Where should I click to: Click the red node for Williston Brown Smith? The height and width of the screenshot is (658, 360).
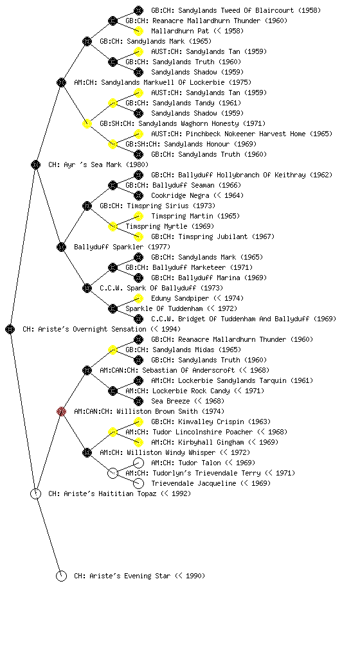pos(61,411)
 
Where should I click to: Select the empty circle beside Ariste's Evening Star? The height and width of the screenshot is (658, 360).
pos(61,576)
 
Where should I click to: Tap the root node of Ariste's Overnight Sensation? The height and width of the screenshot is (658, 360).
pos(10,329)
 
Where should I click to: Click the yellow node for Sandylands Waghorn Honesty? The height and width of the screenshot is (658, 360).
pos(87,123)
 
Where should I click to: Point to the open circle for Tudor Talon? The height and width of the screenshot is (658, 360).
pos(138,463)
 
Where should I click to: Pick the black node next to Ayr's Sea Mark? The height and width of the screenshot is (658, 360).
pos(35,164)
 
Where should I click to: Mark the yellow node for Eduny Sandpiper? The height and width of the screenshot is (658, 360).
pos(138,298)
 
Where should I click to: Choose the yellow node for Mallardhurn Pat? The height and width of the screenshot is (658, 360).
pos(138,31)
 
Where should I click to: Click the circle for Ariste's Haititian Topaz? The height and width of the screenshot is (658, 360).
pos(35,493)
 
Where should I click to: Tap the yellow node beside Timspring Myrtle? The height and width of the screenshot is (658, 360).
pos(113,226)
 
